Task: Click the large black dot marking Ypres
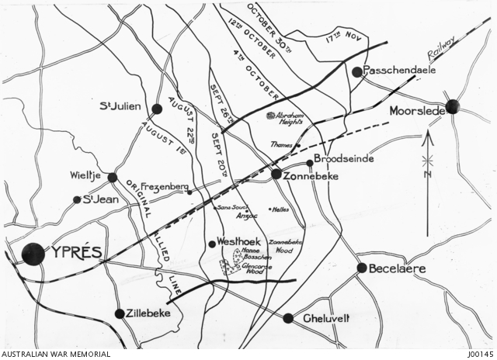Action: pos(33,254)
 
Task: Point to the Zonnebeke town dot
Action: pos(276,175)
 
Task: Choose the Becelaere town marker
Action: pos(362,268)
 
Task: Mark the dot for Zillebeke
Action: pos(120,313)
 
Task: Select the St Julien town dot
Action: pos(157,109)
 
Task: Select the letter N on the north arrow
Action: pos(426,176)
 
